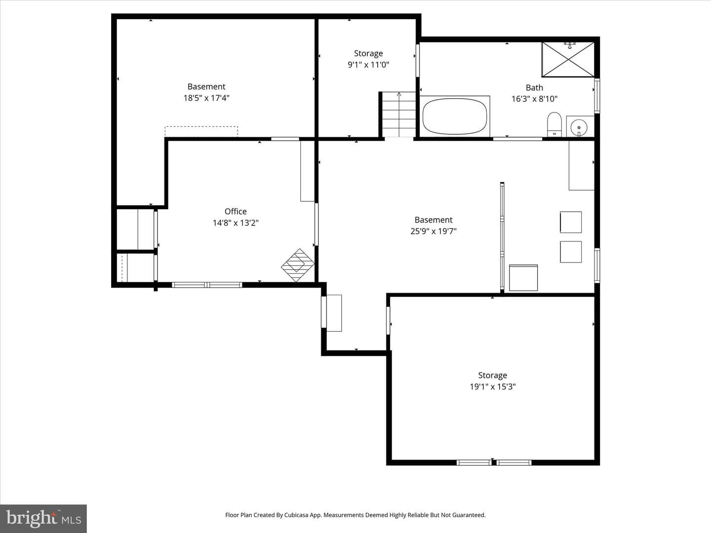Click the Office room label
click(236, 211)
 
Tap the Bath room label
click(534, 88)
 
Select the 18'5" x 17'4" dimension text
click(206, 98)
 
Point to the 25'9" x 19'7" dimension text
click(434, 231)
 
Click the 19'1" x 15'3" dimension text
click(492, 386)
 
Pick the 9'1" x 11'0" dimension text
click(368, 64)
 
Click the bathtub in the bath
click(455, 116)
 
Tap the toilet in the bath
click(554, 124)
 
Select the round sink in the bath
click(579, 127)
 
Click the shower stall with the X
click(568, 60)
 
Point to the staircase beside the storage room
click(399, 114)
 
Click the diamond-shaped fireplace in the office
click(298, 265)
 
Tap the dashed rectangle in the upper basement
click(201, 131)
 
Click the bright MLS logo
click(43, 518)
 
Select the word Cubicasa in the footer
click(296, 515)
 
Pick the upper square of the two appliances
click(571, 222)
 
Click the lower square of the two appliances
click(571, 252)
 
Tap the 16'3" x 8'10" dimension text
click(534, 99)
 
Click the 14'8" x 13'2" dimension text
click(236, 223)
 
